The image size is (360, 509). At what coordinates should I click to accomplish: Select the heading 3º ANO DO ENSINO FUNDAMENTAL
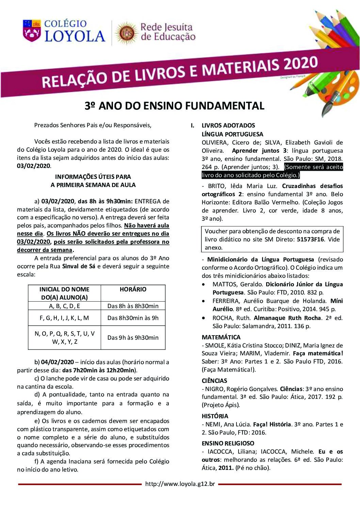pyautogui.click(x=174, y=106)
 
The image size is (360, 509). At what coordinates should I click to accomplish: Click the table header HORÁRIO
pyautogui.click(x=133, y=289)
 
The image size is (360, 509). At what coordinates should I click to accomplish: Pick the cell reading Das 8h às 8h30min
pyautogui.click(x=133, y=306)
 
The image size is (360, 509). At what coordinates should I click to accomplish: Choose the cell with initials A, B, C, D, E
pyautogui.click(x=64, y=306)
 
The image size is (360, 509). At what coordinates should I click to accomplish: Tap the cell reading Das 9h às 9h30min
pyautogui.click(x=133, y=338)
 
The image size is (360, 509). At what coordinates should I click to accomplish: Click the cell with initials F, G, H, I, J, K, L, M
pyautogui.click(x=64, y=318)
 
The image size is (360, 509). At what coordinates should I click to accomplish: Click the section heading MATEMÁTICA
pyautogui.click(x=221, y=337)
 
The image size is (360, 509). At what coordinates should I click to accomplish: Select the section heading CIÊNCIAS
pyautogui.click(x=214, y=381)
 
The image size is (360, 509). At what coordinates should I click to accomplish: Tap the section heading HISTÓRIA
pyautogui.click(x=215, y=416)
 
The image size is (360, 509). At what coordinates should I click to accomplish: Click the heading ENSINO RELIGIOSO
pyautogui.click(x=228, y=443)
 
